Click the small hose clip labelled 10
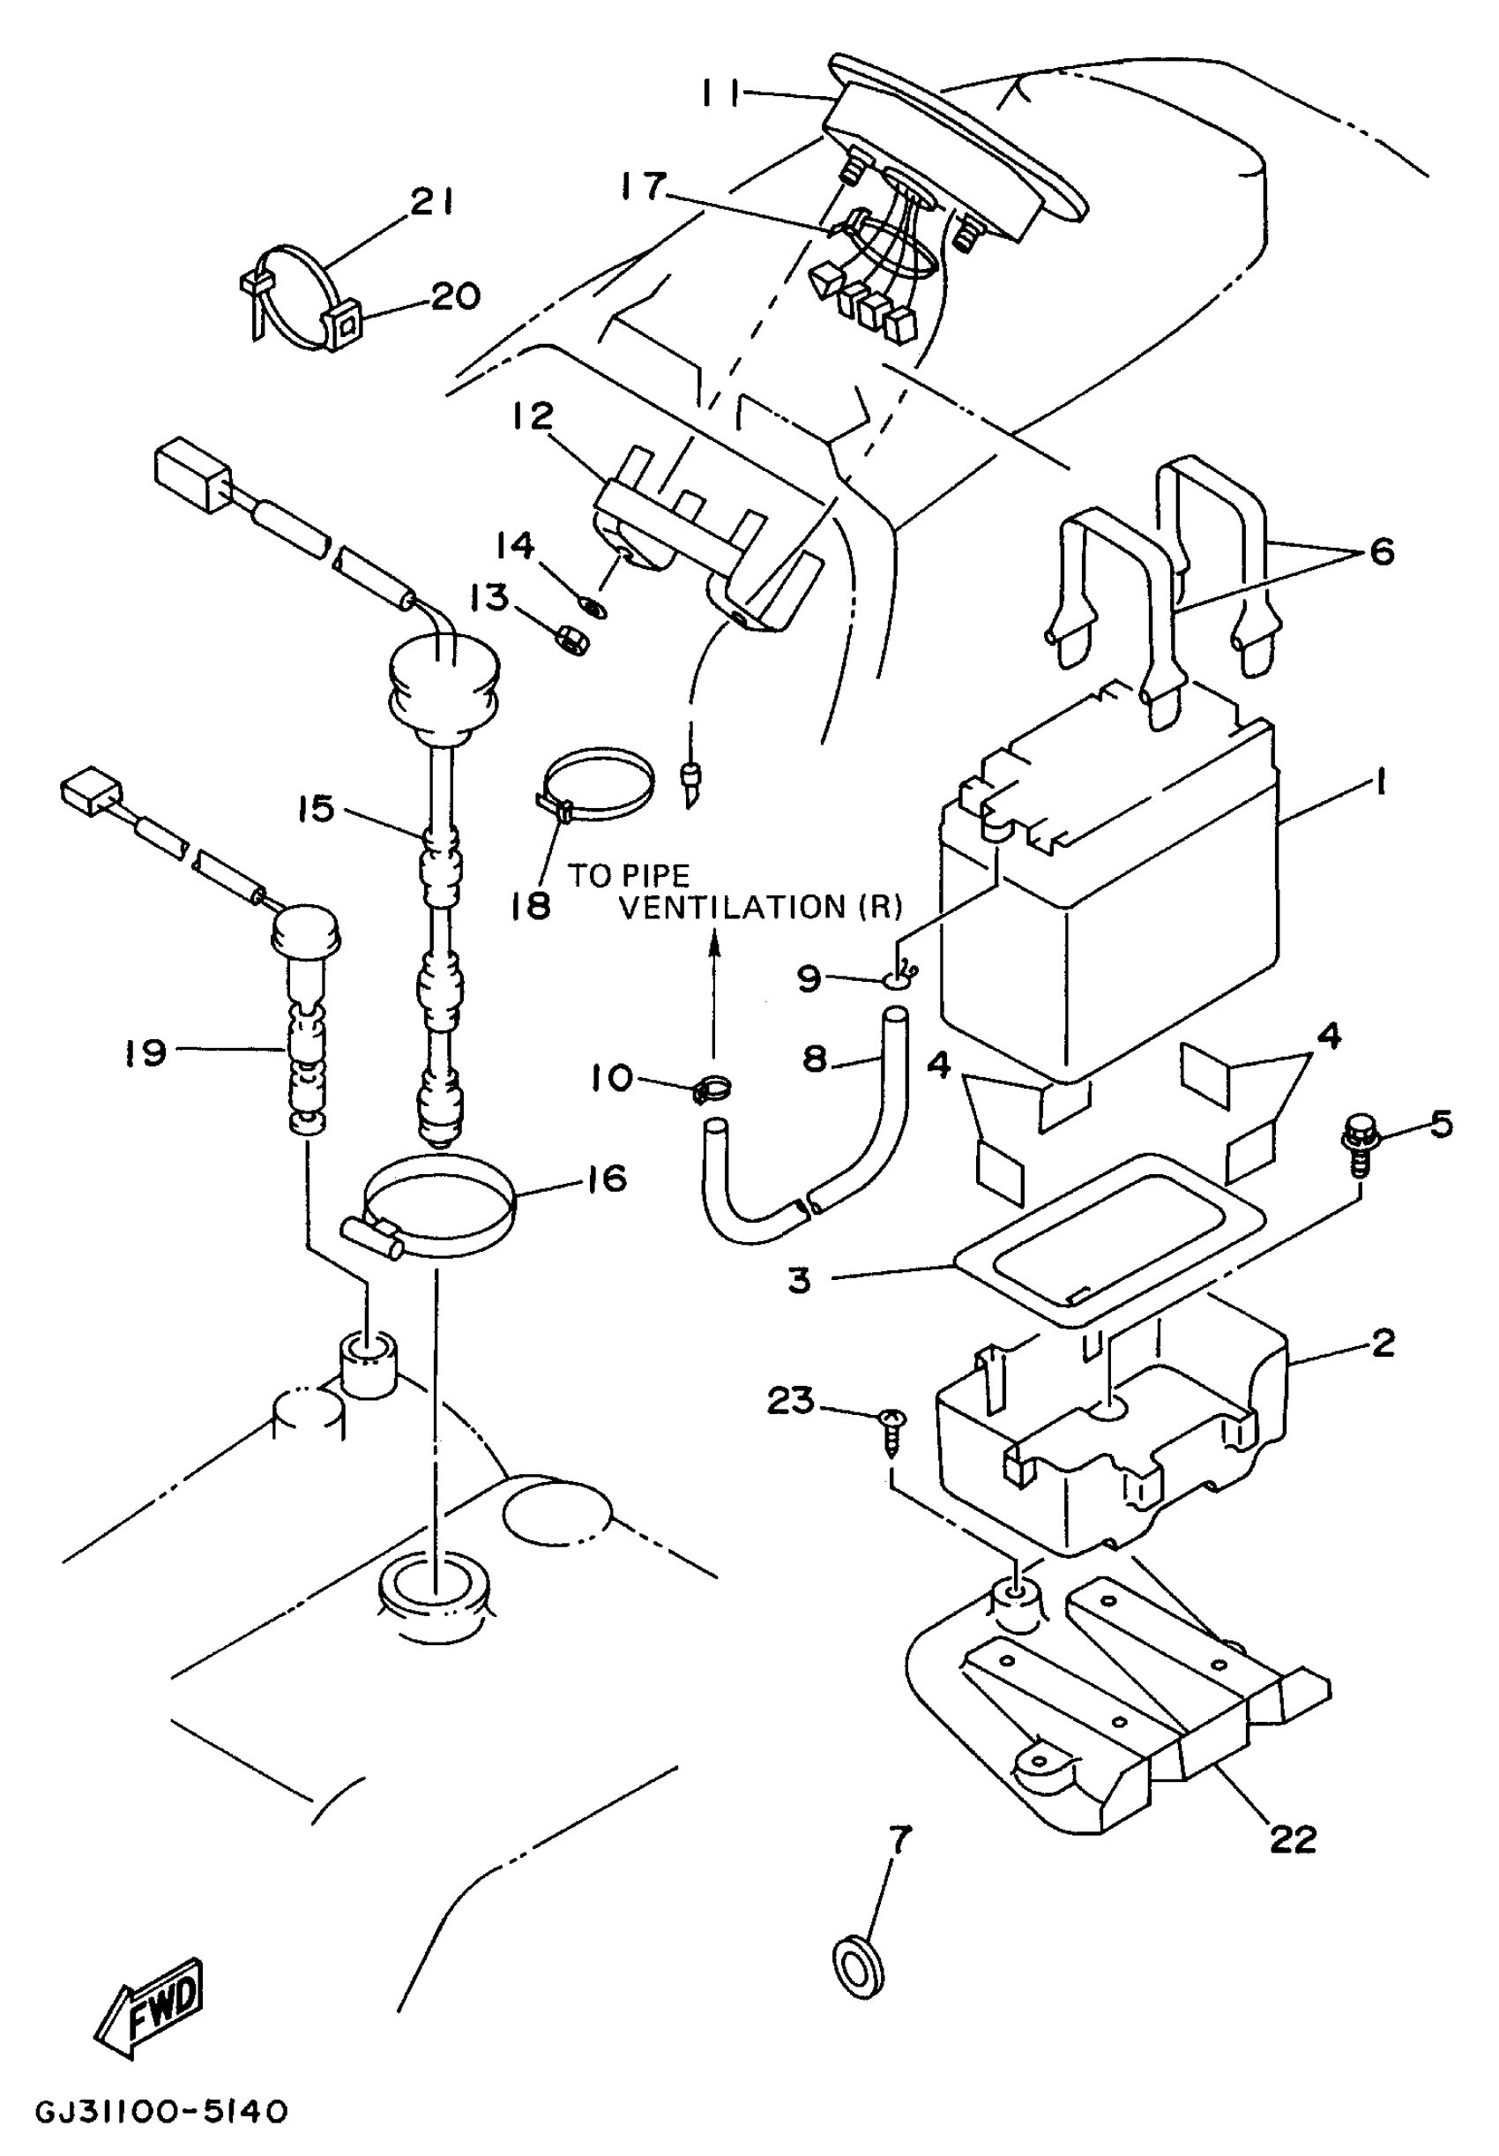click(712, 1089)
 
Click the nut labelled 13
click(569, 642)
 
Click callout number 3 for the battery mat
click(799, 1280)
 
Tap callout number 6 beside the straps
click(1382, 551)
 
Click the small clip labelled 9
click(899, 979)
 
